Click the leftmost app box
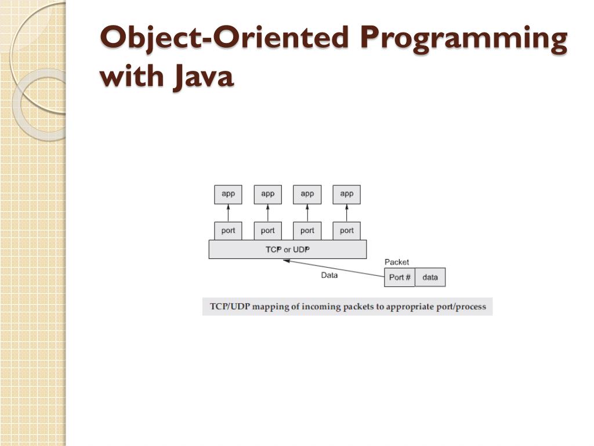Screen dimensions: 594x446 228,194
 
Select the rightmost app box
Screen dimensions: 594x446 346,194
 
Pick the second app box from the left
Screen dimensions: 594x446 267,194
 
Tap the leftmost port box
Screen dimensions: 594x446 228,231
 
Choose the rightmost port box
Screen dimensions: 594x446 346,231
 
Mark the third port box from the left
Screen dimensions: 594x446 307,231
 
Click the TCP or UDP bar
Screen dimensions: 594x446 287,249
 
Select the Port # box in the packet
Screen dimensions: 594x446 400,277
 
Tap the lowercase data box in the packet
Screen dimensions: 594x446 430,277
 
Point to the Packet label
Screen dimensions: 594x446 397,262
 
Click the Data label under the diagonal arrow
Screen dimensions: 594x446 329,275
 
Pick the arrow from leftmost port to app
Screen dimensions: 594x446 228,213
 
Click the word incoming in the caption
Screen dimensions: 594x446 322,306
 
